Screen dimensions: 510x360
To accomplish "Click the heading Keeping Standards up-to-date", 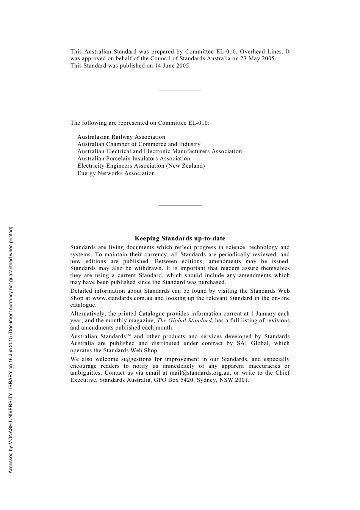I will [x=180, y=239].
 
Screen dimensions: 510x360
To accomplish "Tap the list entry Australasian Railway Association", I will [x=121, y=137].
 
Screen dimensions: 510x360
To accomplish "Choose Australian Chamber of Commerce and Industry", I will [x=139, y=144].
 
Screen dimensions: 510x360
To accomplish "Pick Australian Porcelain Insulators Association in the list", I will [x=134, y=158].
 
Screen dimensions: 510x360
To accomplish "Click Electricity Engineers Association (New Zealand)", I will [x=141, y=166].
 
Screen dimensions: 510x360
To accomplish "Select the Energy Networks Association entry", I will [x=116, y=173].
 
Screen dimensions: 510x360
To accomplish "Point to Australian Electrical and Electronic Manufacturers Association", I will [x=160, y=151].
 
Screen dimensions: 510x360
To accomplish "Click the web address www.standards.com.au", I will [x=122, y=298].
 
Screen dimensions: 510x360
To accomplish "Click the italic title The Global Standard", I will [x=184, y=320].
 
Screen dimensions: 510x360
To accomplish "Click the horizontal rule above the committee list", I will [x=180, y=91].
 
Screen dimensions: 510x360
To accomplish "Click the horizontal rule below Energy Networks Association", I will [x=180, y=206].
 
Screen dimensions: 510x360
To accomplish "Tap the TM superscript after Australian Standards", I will [x=128, y=335].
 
